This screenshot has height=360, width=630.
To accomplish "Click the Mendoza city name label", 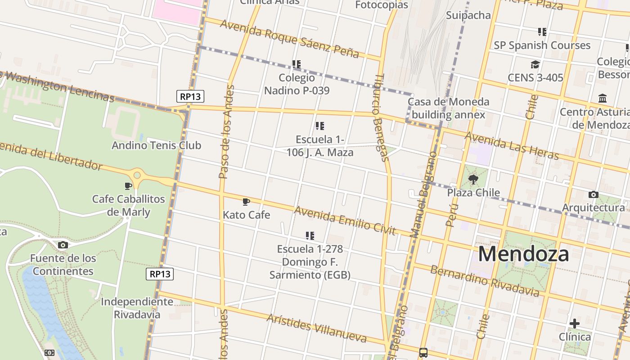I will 523,254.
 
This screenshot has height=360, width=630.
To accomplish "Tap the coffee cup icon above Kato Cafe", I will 246,202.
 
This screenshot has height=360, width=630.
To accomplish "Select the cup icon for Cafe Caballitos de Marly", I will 128,186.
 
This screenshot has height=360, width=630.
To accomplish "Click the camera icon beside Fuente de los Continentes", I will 63,245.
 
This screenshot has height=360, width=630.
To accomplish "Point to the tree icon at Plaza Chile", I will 473,180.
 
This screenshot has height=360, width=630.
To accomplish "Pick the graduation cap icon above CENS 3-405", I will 535,65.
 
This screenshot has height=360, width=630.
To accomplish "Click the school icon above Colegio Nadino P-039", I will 296,64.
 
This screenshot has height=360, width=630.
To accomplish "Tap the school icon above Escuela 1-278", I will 310,235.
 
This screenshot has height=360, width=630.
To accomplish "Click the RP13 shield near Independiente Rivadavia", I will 160,274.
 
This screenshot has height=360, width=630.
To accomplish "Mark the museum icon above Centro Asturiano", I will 603,99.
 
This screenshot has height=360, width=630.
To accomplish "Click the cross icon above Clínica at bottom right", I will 574,323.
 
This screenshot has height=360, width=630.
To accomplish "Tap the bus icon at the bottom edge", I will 423,353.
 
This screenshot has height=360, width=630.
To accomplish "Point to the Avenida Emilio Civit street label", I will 345,220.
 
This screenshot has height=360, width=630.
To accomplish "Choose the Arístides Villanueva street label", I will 316,328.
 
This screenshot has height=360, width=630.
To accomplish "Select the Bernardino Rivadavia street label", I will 484,281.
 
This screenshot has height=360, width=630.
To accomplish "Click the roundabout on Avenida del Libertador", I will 137,175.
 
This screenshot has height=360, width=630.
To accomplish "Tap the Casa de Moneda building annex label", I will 448,108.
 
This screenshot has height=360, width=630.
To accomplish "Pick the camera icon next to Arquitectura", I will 593,194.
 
